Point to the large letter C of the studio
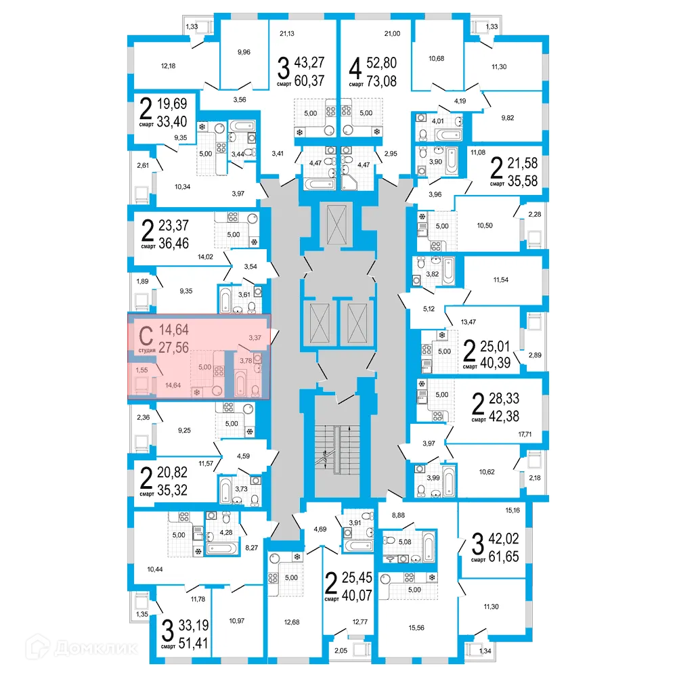click(x=145, y=334)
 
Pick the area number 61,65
click(x=506, y=558)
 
